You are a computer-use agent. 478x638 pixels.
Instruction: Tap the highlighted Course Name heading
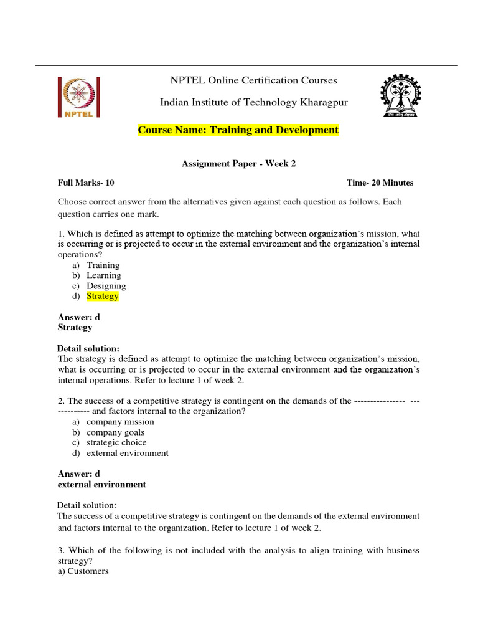(x=238, y=130)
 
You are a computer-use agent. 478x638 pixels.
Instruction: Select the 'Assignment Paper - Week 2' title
(x=238, y=164)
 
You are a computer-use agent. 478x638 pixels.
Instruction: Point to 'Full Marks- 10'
(x=86, y=183)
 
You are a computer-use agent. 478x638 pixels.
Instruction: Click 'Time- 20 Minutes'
(x=380, y=183)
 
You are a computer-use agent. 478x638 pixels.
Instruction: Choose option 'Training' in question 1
(x=103, y=265)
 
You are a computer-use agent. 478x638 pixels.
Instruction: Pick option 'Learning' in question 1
(x=103, y=275)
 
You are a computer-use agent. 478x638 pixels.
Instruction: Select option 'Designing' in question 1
(x=106, y=286)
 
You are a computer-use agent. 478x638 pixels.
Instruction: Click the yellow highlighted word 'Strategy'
(x=103, y=297)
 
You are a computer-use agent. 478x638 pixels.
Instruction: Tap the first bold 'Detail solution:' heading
(x=88, y=348)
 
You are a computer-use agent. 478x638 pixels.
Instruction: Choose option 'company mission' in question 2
(x=120, y=422)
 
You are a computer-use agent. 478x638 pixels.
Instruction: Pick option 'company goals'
(x=115, y=432)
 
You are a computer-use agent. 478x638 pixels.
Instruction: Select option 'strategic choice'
(x=116, y=443)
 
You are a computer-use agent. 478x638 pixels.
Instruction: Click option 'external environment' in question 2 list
(x=127, y=454)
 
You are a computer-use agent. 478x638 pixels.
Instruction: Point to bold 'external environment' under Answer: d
(x=101, y=485)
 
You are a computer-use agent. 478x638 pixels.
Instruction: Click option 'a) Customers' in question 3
(x=83, y=571)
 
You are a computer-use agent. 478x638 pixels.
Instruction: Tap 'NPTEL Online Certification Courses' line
(x=254, y=80)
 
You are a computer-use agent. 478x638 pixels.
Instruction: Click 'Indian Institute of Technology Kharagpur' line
(x=254, y=102)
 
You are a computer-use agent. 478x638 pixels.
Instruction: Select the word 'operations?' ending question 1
(x=80, y=255)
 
